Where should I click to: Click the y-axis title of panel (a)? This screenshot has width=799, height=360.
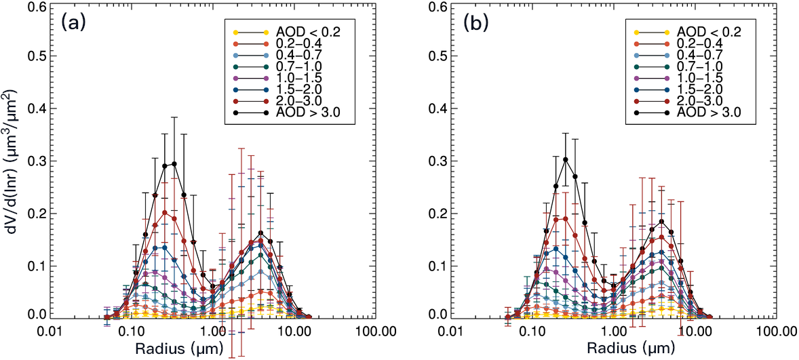(x=12, y=163)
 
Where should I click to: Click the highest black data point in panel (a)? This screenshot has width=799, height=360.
(x=174, y=163)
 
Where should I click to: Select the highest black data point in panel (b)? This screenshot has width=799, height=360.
(x=566, y=159)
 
